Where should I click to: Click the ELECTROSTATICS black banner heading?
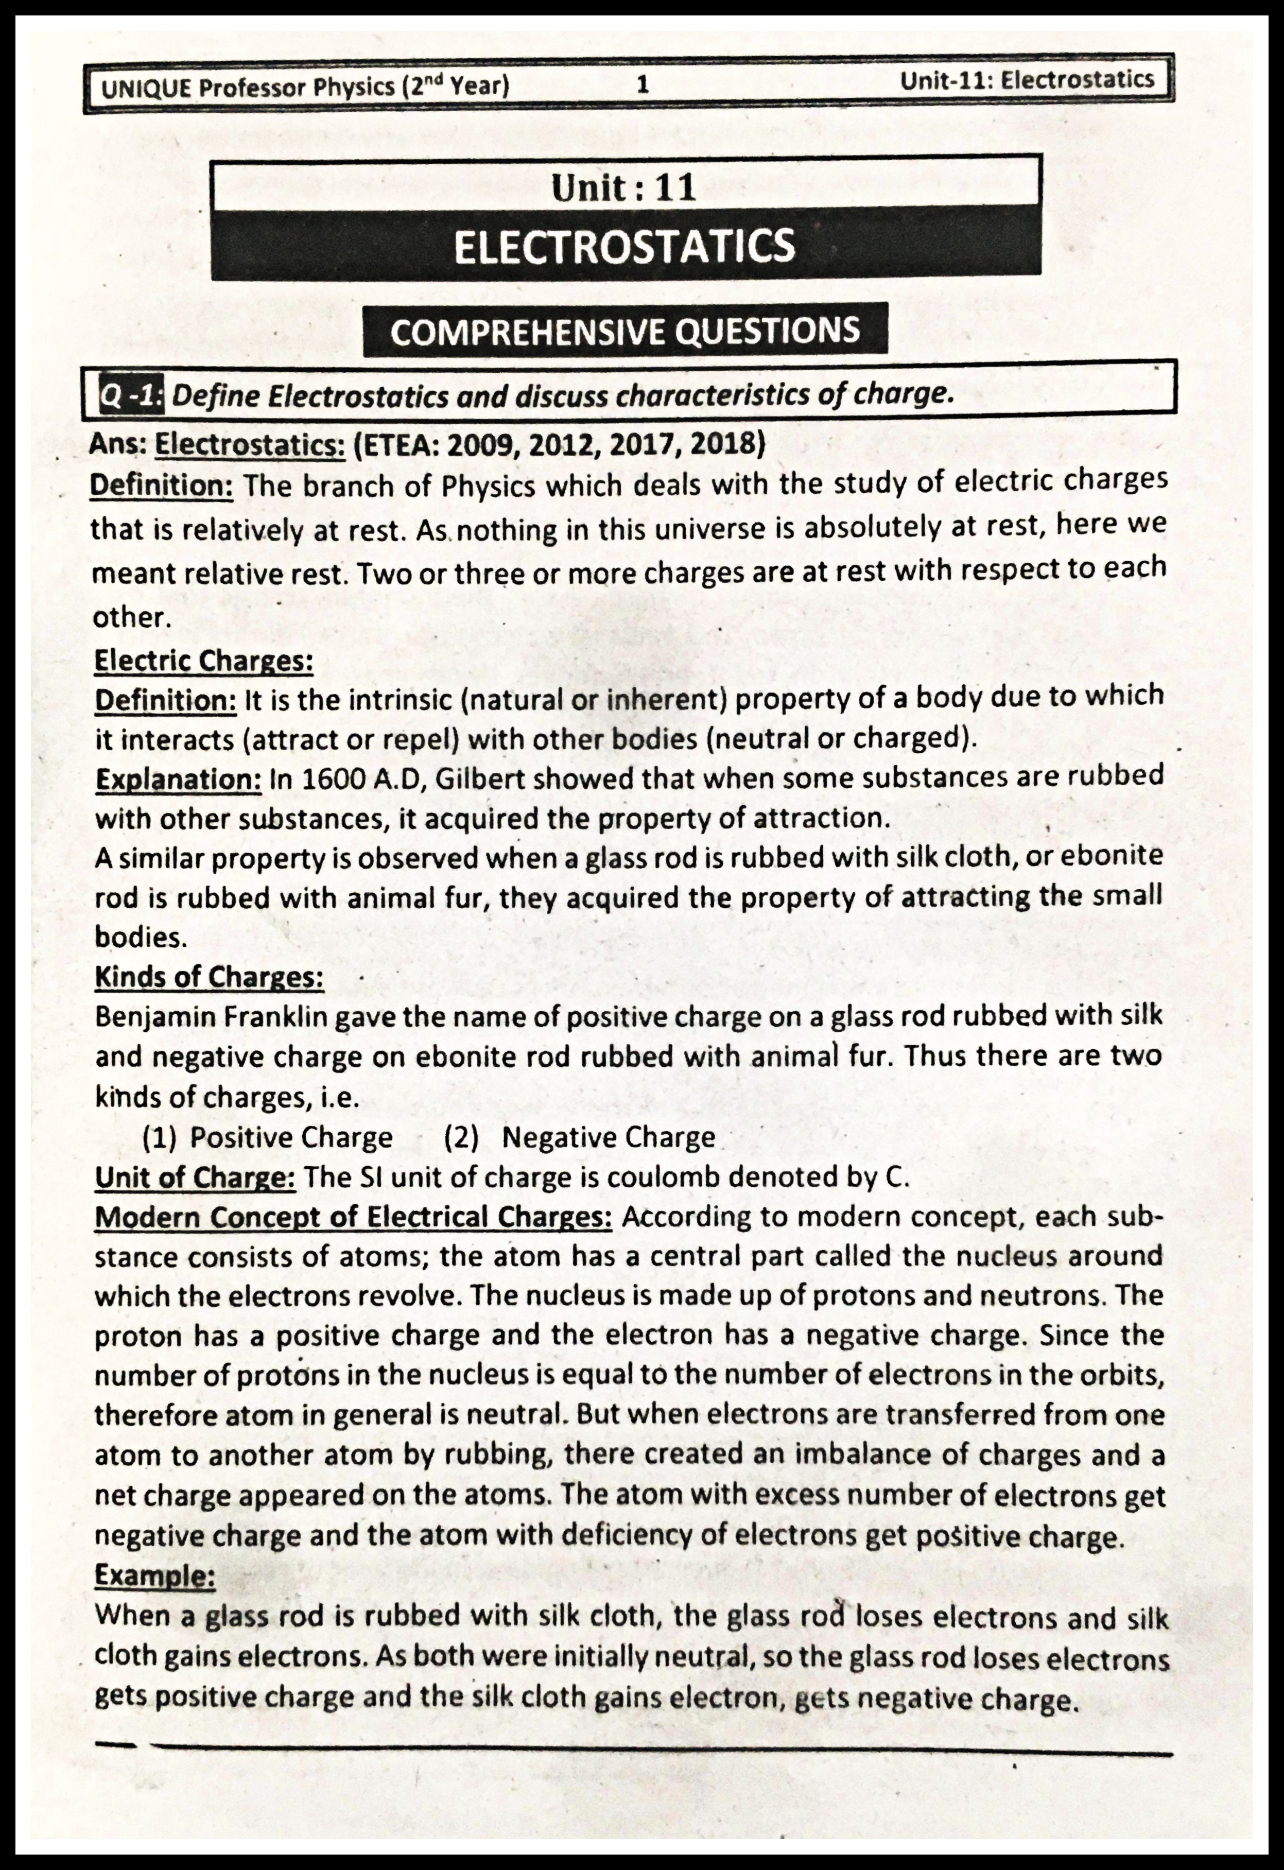click(x=624, y=246)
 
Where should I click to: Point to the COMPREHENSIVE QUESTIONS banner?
click(x=624, y=331)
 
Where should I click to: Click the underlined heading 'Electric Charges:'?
click(x=203, y=661)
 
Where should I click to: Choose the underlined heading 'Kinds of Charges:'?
click(x=209, y=977)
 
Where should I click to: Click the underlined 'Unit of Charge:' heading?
click(x=195, y=1177)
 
